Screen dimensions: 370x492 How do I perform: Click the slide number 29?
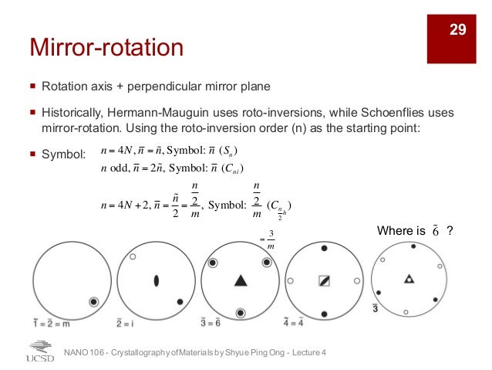point(459,30)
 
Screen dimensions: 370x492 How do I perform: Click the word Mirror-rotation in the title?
point(106,48)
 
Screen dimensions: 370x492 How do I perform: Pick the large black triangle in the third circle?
point(240,280)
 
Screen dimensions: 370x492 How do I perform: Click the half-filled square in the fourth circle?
point(324,281)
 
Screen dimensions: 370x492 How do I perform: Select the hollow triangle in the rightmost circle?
point(409,278)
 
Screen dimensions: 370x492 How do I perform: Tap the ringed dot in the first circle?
point(94,301)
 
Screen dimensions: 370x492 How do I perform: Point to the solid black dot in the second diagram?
point(180,301)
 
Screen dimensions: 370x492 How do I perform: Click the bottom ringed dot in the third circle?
point(240,313)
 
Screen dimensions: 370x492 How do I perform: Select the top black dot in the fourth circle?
point(324,248)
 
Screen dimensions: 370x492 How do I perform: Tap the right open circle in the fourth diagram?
point(356,281)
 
